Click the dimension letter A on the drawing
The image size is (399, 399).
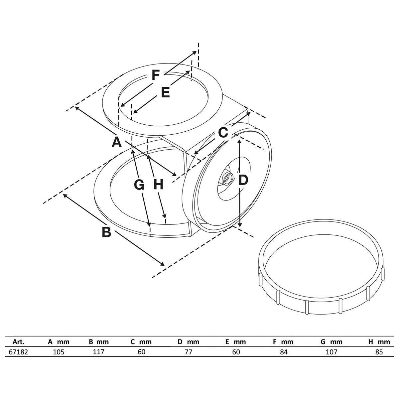pyautogui.click(x=116, y=142)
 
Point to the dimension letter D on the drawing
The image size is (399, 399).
pyautogui.click(x=243, y=180)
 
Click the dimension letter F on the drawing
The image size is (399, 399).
pyautogui.click(x=156, y=75)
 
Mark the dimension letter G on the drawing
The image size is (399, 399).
pyautogui.click(x=139, y=185)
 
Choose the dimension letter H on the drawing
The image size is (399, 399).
pyautogui.click(x=158, y=184)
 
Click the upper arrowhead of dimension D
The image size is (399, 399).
pyautogui.click(x=239, y=142)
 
